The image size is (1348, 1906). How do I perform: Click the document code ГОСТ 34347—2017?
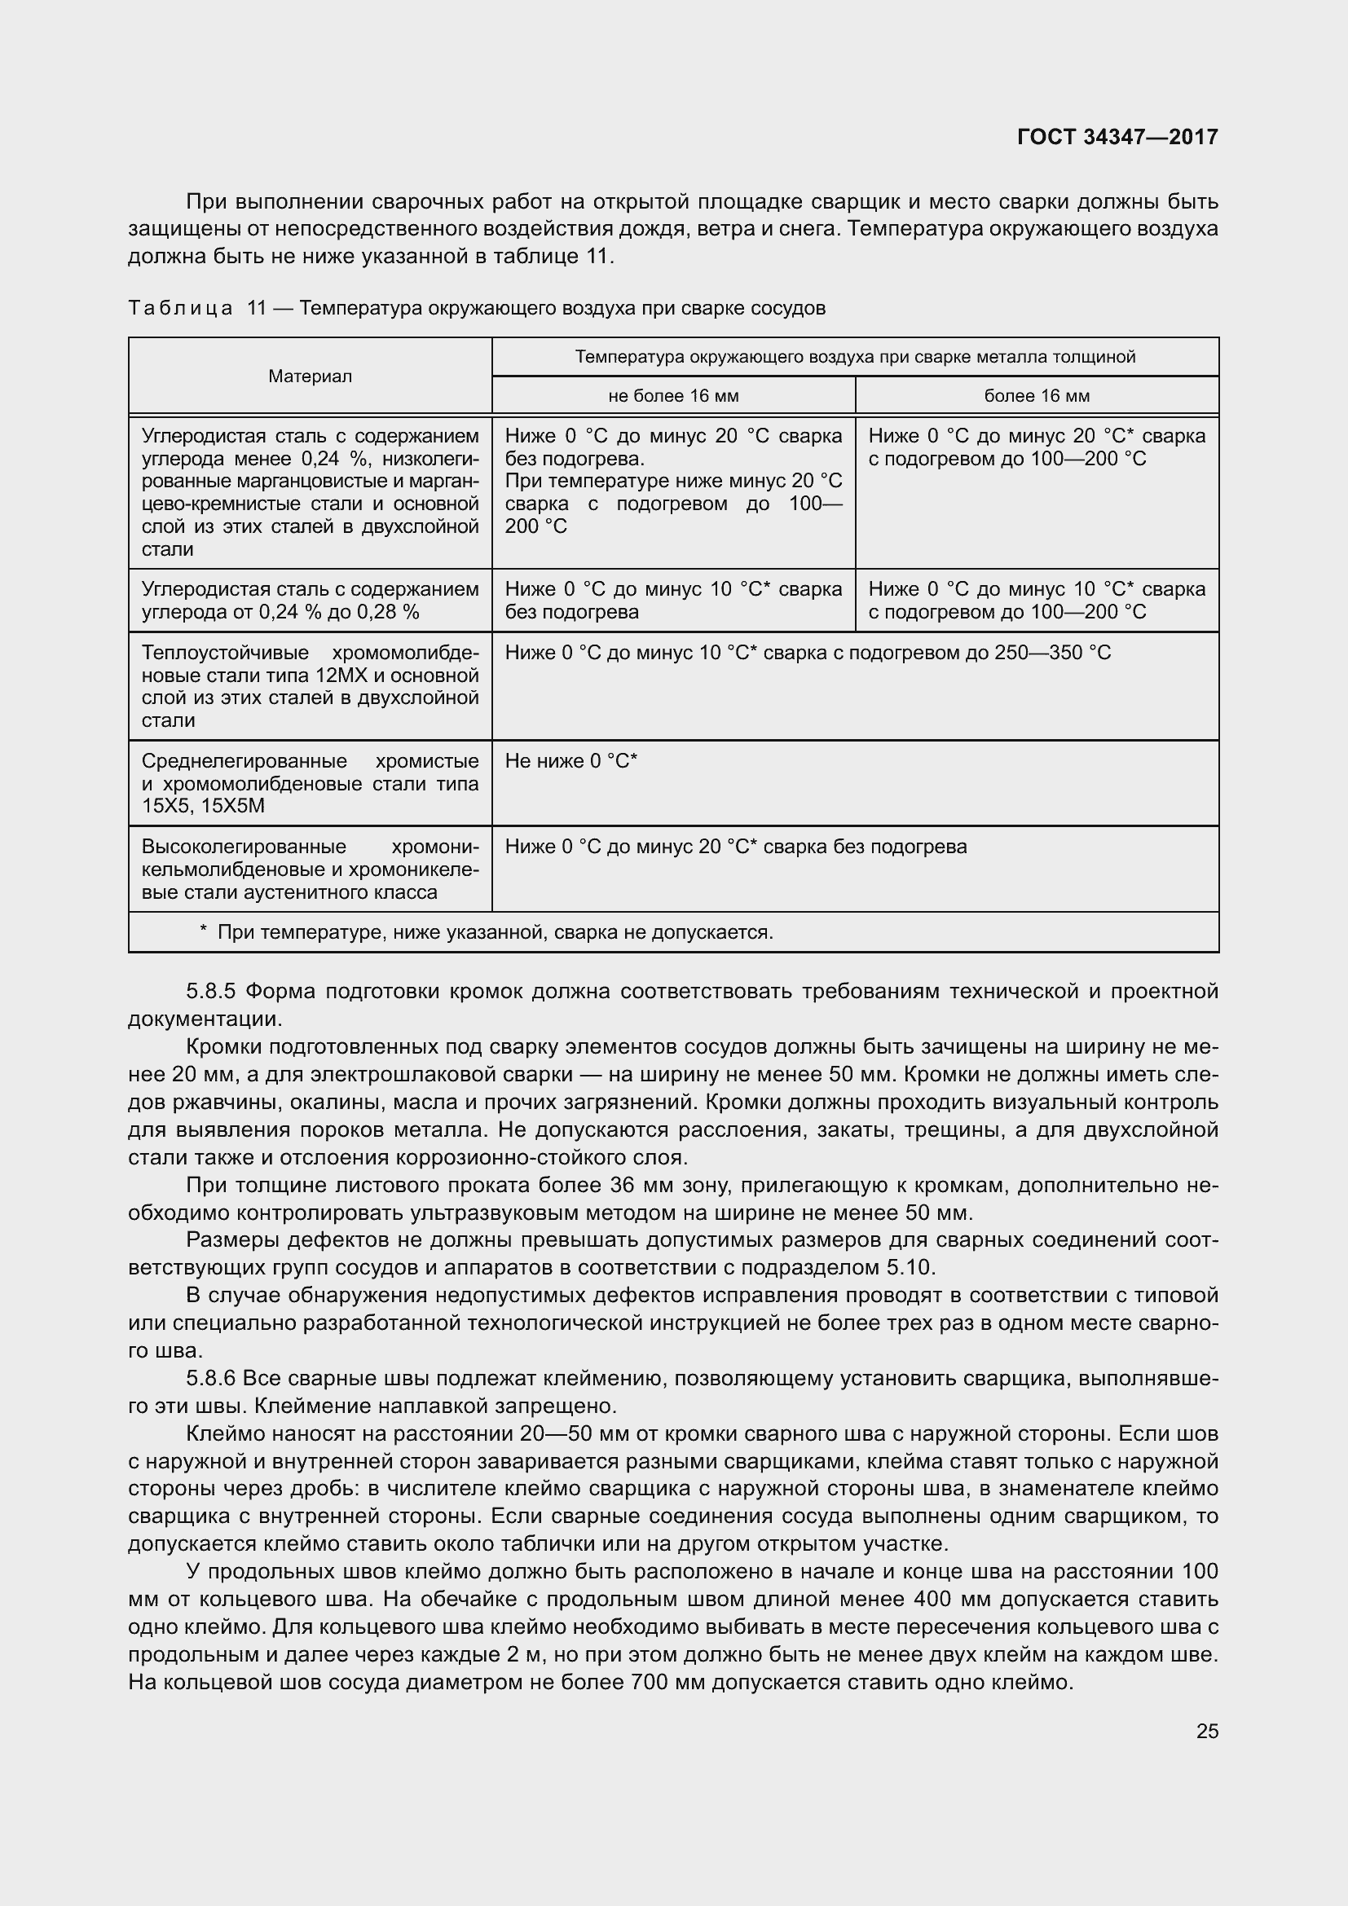tap(1117, 137)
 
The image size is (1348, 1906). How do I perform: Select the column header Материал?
tap(310, 376)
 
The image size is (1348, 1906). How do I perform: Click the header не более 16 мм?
tap(673, 396)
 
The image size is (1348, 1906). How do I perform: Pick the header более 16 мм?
tap(1037, 396)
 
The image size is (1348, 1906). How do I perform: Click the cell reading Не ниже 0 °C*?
tap(571, 761)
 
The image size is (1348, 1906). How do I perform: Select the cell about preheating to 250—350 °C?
tap(808, 653)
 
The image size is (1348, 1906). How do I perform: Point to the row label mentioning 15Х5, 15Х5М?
tap(310, 784)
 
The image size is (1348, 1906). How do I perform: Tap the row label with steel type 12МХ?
tap(310, 686)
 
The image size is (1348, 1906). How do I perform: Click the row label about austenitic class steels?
tap(310, 869)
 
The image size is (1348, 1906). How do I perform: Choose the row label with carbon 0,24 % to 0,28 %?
tap(310, 601)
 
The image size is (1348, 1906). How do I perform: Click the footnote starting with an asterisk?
tap(487, 932)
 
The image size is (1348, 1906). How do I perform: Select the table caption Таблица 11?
tap(477, 309)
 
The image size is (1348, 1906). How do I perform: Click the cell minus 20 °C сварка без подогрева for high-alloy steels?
tap(735, 847)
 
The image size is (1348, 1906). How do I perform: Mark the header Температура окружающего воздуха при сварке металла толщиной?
tap(855, 357)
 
